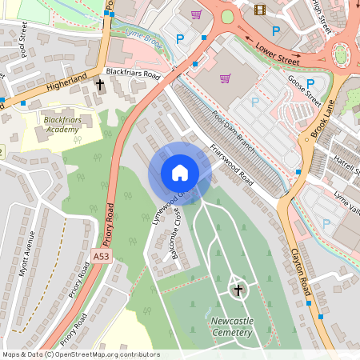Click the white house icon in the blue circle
(180, 173)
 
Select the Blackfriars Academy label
(62, 124)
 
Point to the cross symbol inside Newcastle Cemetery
(237, 289)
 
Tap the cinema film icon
(259, 10)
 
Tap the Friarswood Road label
(230, 165)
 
